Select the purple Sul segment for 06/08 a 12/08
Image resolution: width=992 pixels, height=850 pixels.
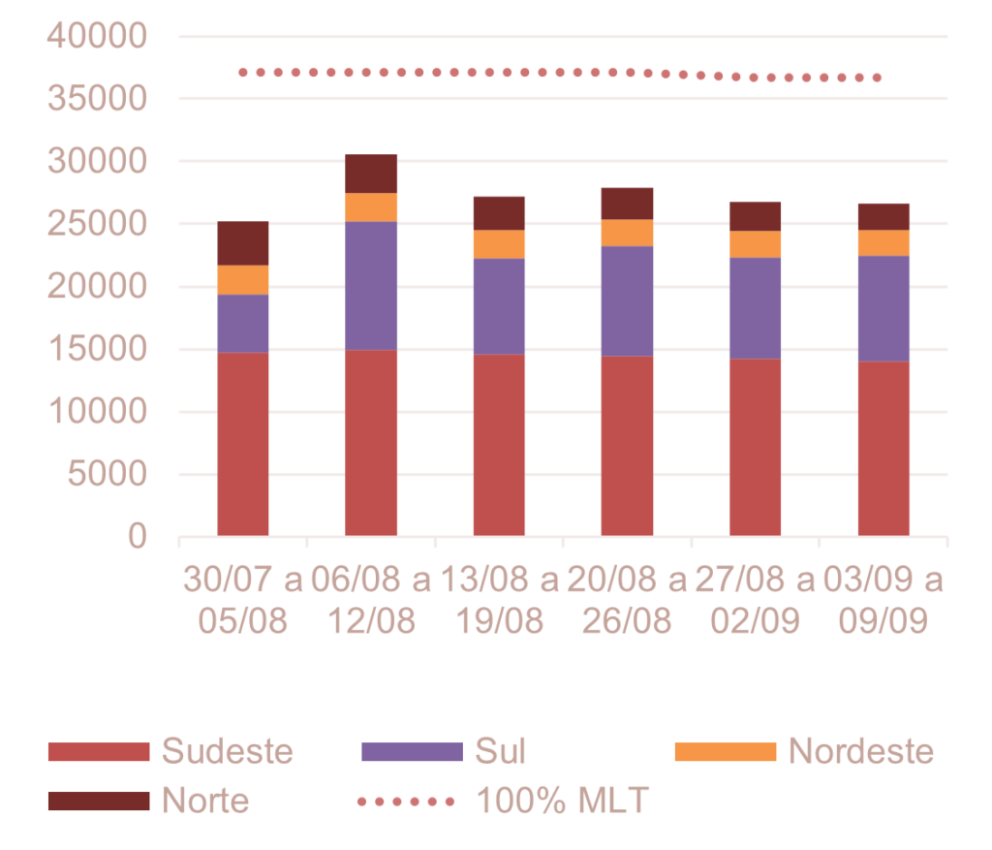(371, 285)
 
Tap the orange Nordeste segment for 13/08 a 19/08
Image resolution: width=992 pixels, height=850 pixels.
(499, 243)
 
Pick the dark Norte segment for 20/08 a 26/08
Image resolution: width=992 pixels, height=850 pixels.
(628, 204)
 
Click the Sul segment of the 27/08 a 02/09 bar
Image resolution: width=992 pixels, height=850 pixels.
(756, 307)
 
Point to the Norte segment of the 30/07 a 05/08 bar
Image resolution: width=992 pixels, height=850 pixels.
(243, 243)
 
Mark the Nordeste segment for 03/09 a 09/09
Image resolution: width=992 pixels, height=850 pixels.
(883, 242)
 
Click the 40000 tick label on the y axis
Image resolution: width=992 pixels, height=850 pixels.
(97, 37)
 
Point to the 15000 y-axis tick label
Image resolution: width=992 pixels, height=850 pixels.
(97, 349)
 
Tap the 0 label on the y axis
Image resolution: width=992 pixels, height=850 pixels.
(137, 536)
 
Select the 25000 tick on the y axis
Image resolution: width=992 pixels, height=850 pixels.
(97, 224)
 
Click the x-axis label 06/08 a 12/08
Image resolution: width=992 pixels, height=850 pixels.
(371, 601)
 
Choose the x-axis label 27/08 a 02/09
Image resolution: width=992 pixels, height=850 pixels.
(756, 601)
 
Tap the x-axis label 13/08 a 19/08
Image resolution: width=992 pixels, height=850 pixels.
(499, 601)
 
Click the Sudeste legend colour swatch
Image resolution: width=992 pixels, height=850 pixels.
(99, 751)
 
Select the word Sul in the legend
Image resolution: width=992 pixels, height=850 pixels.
(500, 751)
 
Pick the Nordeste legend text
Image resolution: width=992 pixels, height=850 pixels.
(861, 751)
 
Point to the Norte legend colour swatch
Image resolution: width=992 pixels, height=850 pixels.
(99, 801)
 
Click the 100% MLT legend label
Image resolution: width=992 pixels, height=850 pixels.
(562, 801)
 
